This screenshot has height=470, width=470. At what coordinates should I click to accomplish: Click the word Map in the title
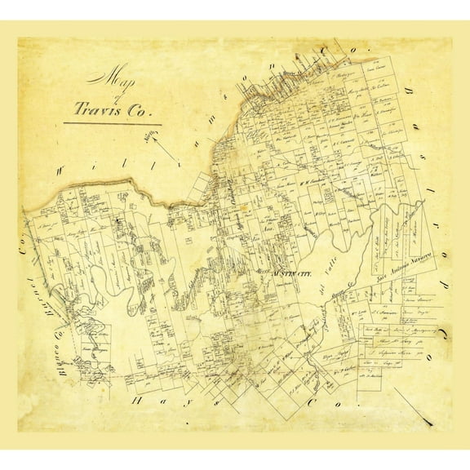tap(111, 78)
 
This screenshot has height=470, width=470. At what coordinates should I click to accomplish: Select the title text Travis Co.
tap(112, 109)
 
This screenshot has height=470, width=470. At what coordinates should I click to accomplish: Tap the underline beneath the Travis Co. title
tap(113, 124)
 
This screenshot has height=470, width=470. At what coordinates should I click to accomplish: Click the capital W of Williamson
tap(60, 171)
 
